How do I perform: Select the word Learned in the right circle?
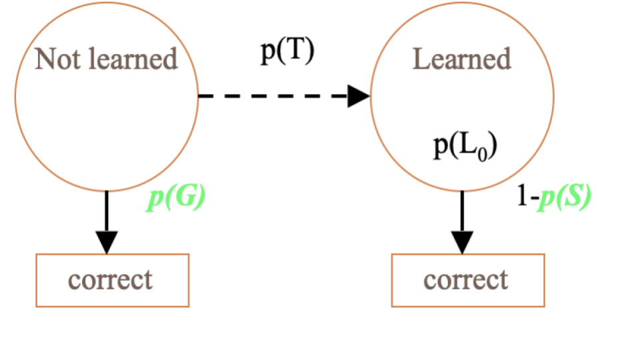(462, 59)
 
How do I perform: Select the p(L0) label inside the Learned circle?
(464, 147)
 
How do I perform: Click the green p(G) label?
(175, 198)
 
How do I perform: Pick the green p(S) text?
(566, 198)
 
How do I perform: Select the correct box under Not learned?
(112, 279)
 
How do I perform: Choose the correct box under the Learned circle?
(467, 279)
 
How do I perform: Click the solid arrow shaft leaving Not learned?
(107, 210)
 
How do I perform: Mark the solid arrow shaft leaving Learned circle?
(462, 210)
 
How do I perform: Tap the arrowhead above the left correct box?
(107, 241)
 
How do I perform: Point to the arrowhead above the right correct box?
(462, 241)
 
